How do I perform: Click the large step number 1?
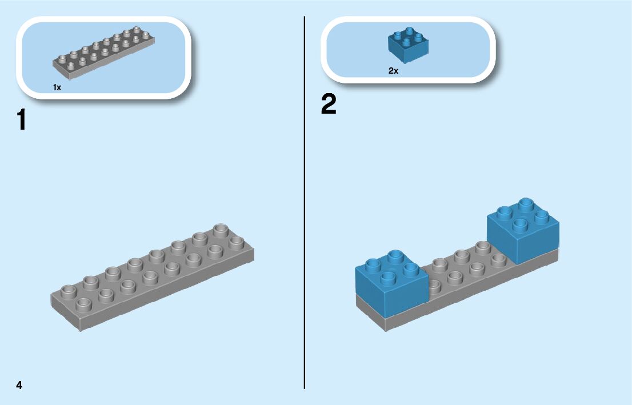(x=22, y=121)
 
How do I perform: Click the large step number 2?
(x=329, y=105)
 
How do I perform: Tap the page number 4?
(x=19, y=385)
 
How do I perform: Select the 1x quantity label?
(x=57, y=87)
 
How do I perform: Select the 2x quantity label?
(x=393, y=71)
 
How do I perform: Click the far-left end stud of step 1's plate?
(x=68, y=291)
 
